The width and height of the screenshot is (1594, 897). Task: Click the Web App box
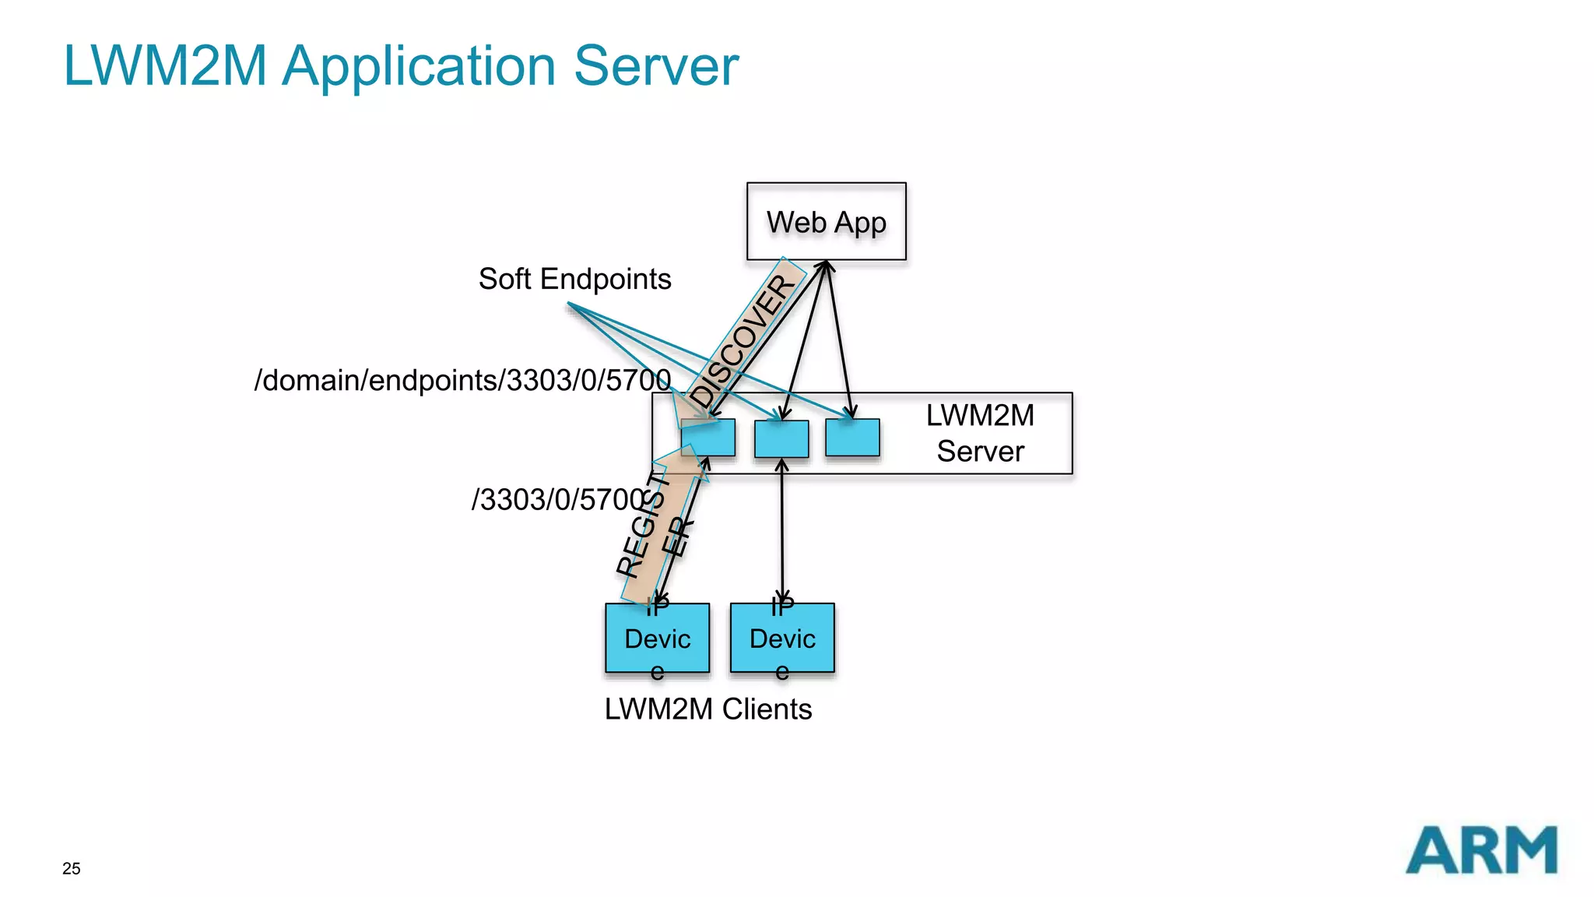click(x=826, y=221)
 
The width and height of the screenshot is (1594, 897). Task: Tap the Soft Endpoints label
click(x=574, y=279)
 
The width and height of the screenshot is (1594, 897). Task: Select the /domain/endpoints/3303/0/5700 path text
click(x=462, y=381)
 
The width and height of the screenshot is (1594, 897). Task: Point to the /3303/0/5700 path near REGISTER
click(x=557, y=500)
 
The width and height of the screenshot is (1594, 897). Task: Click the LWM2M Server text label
click(x=980, y=433)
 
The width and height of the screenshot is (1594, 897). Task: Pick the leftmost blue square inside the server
click(x=707, y=438)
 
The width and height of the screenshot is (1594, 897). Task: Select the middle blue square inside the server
click(x=781, y=438)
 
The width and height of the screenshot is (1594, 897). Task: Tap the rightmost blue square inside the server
click(x=852, y=438)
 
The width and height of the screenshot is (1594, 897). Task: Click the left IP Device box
click(x=657, y=638)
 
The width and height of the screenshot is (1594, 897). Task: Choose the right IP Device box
click(x=782, y=638)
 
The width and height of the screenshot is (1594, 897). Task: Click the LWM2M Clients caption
click(x=707, y=709)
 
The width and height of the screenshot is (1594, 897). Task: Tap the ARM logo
click(x=1481, y=850)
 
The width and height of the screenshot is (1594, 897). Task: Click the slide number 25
click(x=71, y=869)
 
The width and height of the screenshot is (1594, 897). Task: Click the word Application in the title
click(x=418, y=66)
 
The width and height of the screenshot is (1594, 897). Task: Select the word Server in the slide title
click(x=655, y=66)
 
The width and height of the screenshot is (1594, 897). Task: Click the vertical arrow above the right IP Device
click(x=782, y=529)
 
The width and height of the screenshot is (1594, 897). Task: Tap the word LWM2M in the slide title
click(x=165, y=66)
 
